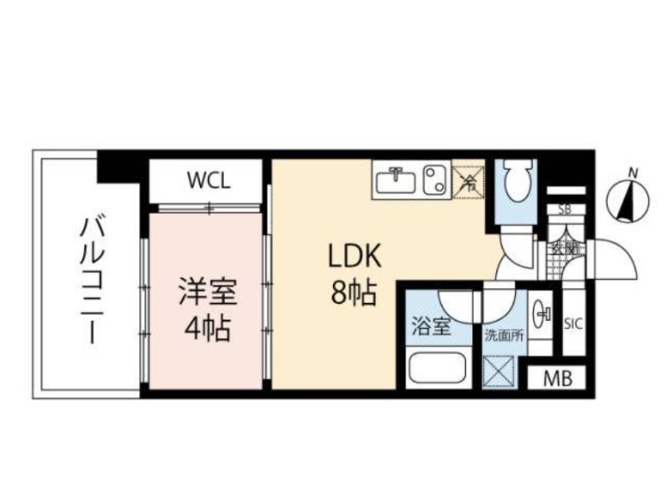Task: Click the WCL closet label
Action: pos(208,180)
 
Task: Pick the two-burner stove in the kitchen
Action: pos(435,180)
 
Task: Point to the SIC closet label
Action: pos(574,323)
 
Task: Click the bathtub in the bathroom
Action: pos(436,367)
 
